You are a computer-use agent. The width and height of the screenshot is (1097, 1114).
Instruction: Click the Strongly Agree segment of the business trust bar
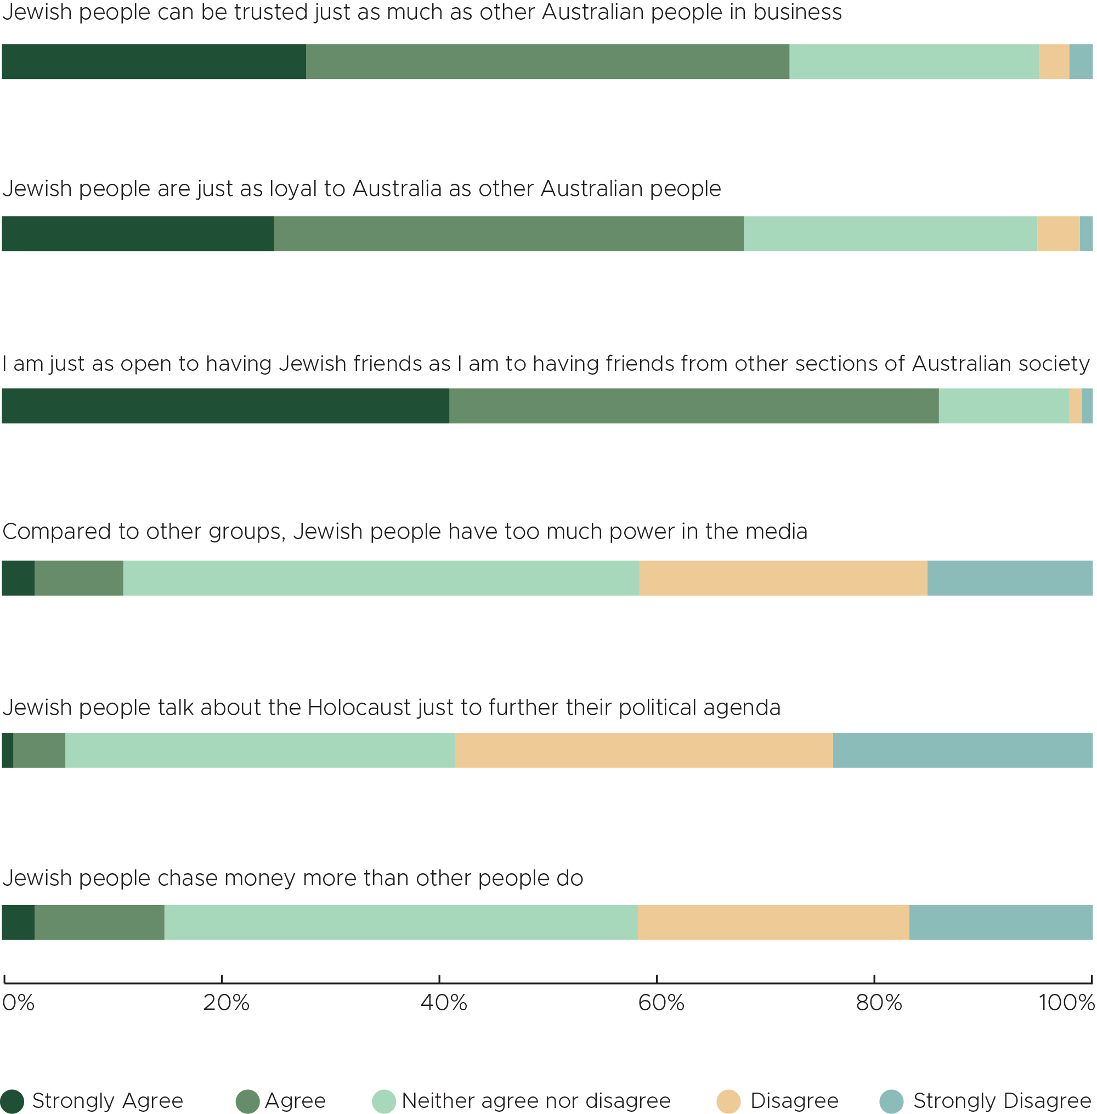pyautogui.click(x=154, y=61)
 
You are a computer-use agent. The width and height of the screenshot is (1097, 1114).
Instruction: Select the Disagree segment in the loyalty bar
pyautogui.click(x=1059, y=234)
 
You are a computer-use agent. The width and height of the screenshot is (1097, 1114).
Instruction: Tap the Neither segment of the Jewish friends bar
pyautogui.click(x=1004, y=406)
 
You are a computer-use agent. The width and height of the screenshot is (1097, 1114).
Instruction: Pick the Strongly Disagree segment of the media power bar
pyautogui.click(x=1009, y=578)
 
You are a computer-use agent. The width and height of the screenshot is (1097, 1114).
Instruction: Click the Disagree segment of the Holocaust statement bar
pyautogui.click(x=643, y=750)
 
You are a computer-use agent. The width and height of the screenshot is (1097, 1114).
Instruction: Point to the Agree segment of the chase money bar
pyautogui.click(x=99, y=922)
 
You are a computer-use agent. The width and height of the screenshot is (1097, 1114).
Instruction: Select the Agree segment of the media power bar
pyautogui.click(x=79, y=578)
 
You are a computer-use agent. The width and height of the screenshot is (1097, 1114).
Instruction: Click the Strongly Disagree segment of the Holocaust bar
pyautogui.click(x=962, y=750)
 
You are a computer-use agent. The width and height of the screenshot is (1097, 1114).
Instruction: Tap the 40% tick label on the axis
pyautogui.click(x=444, y=1003)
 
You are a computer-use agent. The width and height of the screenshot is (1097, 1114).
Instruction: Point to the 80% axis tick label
pyautogui.click(x=879, y=1003)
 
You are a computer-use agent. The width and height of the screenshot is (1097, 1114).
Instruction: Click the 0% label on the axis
pyautogui.click(x=19, y=1003)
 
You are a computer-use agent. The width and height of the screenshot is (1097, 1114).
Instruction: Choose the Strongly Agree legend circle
pyautogui.click(x=12, y=1101)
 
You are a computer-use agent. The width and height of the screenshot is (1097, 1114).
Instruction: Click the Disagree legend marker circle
pyautogui.click(x=728, y=1101)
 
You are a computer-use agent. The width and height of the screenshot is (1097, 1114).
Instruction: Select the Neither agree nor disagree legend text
pyautogui.click(x=536, y=1101)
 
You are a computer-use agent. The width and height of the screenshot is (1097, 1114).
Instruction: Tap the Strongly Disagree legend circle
pyautogui.click(x=891, y=1101)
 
